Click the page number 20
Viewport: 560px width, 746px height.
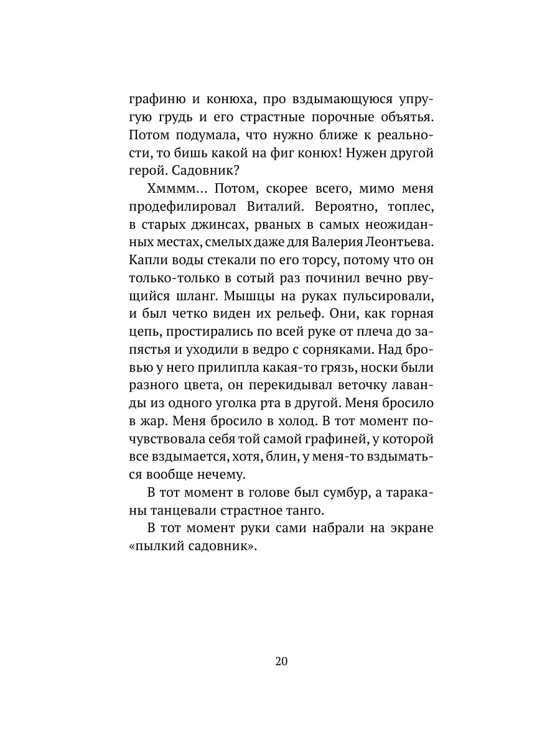(280, 661)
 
